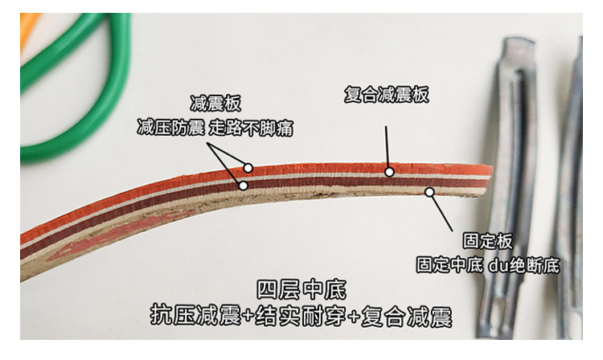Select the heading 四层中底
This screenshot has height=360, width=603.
[301, 289]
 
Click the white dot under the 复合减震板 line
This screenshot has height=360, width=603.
[388, 170]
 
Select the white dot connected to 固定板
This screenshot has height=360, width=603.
[429, 192]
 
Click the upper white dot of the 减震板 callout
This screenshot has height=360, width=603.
[248, 168]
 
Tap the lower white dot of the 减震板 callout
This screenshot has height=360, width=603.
[242, 185]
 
